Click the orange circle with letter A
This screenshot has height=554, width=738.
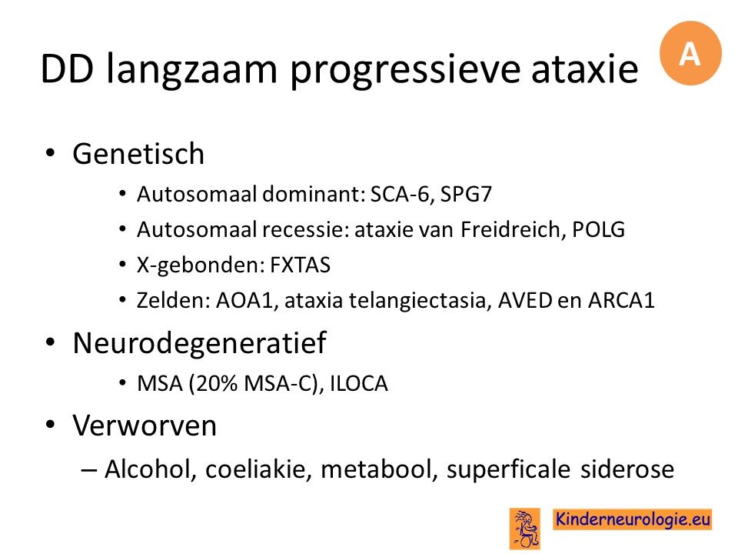[x=690, y=53]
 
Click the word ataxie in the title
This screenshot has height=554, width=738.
[x=584, y=69]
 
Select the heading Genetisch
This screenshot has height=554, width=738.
[x=138, y=154]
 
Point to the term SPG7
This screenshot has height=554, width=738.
[x=466, y=194]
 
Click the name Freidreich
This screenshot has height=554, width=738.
[x=513, y=230]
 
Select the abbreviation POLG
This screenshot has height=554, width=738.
[x=599, y=230]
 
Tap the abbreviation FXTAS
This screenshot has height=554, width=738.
[x=301, y=265]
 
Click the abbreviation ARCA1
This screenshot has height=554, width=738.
[x=622, y=301]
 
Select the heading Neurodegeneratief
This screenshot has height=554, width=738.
[x=200, y=342]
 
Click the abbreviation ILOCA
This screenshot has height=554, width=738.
[x=359, y=383]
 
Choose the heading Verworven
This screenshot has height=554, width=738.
[x=145, y=426]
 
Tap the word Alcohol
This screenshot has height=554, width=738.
[x=151, y=469]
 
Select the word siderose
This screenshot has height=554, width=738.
[x=627, y=469]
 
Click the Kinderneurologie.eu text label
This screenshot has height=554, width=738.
[x=633, y=519]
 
